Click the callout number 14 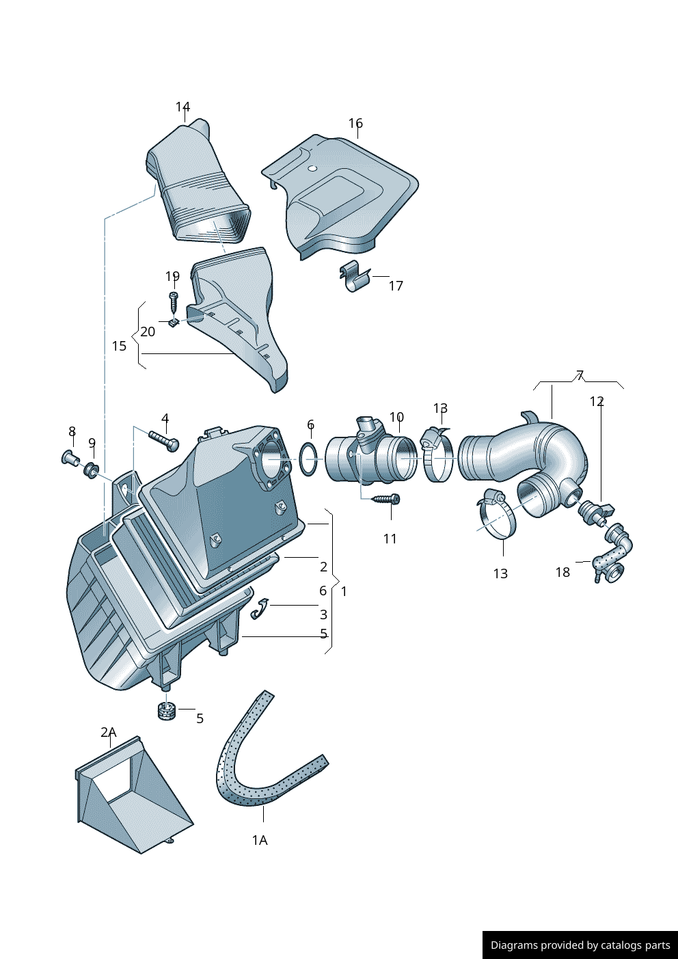click(x=182, y=107)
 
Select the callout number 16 click(x=355, y=124)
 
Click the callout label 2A click(x=109, y=733)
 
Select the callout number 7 click(x=580, y=375)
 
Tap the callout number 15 click(x=120, y=346)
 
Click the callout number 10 click(x=396, y=417)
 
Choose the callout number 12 click(x=597, y=401)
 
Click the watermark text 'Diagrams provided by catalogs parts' click(x=580, y=945)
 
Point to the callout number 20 click(x=148, y=332)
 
